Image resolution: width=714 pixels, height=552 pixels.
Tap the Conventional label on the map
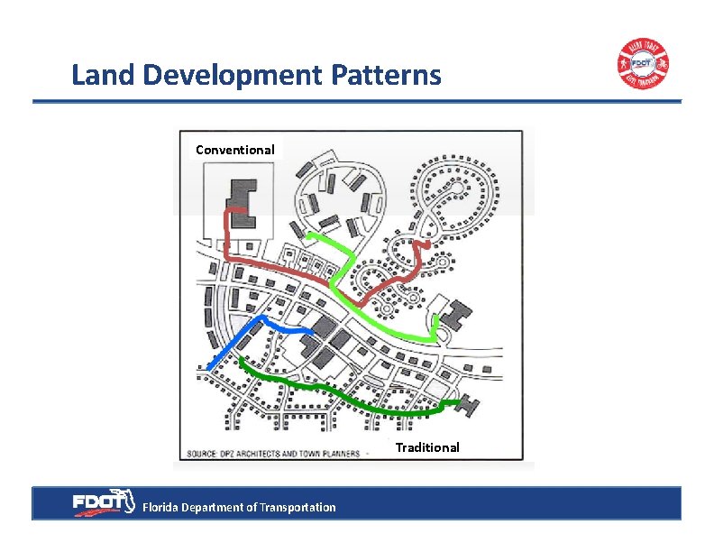tap(235, 150)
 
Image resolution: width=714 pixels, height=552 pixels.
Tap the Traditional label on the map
tap(427, 447)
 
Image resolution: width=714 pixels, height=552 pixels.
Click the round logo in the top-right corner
tap(643, 65)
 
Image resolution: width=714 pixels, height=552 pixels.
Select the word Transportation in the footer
tap(297, 508)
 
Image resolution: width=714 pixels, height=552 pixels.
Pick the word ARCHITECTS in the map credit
tap(267, 453)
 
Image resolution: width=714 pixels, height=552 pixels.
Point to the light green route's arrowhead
tap(436, 336)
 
